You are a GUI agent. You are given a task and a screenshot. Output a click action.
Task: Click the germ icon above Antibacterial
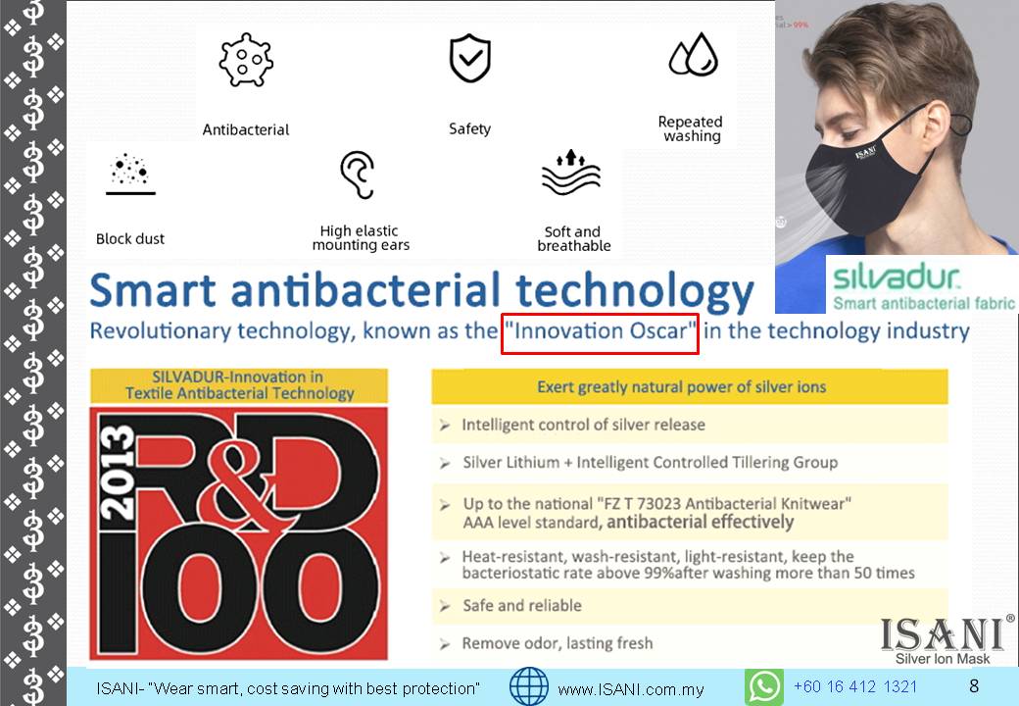[x=246, y=60]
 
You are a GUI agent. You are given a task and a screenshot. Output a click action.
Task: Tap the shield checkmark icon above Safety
[x=470, y=59]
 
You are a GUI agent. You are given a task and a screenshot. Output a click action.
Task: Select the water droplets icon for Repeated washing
[x=694, y=54]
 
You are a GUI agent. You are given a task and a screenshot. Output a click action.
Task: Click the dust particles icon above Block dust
[x=130, y=174]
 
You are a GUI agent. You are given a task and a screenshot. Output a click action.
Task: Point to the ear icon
[x=358, y=175]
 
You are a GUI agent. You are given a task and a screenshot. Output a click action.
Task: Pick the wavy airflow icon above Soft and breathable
[x=571, y=173]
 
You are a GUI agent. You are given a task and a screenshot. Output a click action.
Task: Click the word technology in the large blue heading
[x=635, y=290]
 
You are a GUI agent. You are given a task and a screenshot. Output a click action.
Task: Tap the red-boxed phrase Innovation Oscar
[x=600, y=330]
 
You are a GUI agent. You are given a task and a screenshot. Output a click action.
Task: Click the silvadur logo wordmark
[x=897, y=277]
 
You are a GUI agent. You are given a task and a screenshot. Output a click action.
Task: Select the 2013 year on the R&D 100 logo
[x=117, y=474]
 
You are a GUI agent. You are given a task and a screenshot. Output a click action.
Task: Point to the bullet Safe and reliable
[x=522, y=605]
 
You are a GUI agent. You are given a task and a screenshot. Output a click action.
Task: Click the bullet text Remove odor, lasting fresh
[x=557, y=643]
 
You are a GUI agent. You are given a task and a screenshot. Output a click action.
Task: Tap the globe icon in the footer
[x=529, y=686]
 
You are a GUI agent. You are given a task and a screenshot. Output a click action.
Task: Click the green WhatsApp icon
[x=763, y=686]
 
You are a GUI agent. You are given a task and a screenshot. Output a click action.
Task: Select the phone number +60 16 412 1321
[x=855, y=686]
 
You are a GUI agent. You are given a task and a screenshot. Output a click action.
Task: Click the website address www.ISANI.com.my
[x=630, y=689]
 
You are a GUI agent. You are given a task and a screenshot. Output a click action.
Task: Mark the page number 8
[x=974, y=685]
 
